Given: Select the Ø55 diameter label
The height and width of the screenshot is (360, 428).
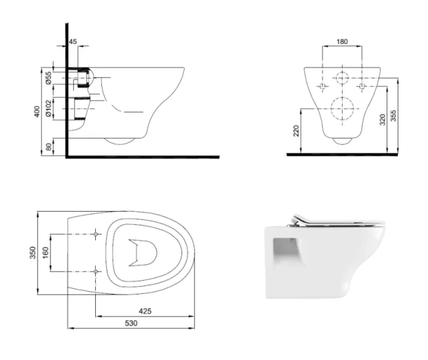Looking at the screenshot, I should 49,78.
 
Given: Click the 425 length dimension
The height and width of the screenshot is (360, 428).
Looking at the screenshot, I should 145,311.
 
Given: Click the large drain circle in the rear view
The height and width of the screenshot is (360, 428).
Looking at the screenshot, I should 342,108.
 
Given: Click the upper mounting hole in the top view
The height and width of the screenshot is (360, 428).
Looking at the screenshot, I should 94,234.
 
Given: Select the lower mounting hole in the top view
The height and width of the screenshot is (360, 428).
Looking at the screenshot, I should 94,272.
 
